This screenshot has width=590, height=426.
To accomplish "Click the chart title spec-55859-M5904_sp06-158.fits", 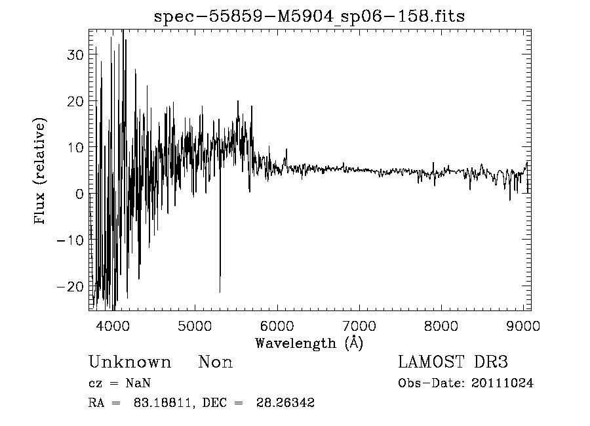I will [x=309, y=16].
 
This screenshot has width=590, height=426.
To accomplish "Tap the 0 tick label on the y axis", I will [x=79, y=194].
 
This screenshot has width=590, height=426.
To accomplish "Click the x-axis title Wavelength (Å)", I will [x=309, y=343].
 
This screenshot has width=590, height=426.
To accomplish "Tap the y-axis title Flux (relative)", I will [x=41, y=171].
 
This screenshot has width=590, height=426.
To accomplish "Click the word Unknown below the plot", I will [x=130, y=362].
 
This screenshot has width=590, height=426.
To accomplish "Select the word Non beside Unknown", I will [x=216, y=362].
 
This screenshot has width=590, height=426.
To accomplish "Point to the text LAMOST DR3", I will [x=454, y=362].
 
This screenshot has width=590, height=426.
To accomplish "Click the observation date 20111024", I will [x=502, y=383].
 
